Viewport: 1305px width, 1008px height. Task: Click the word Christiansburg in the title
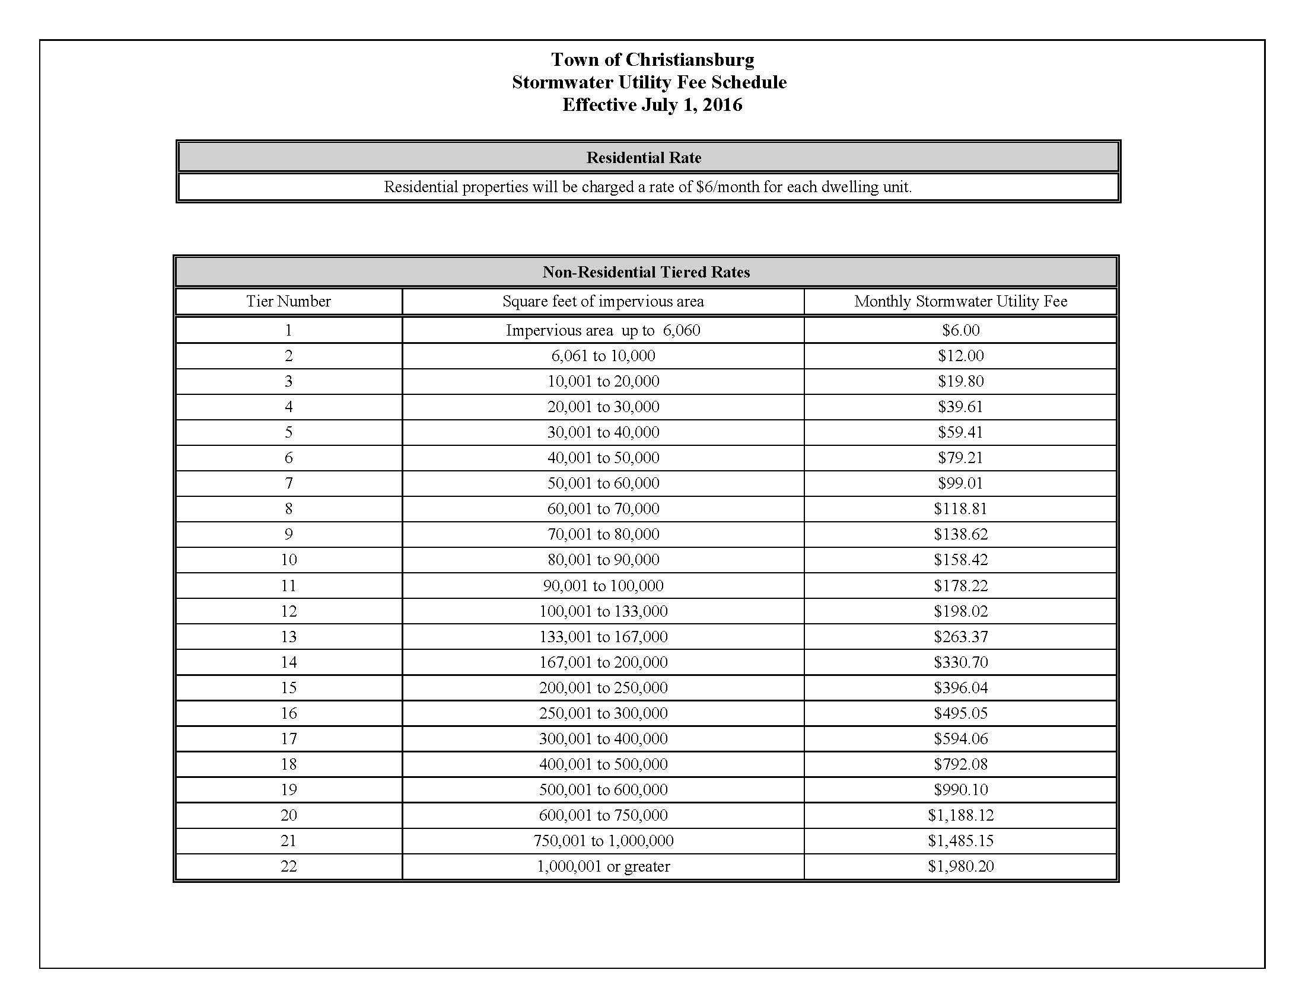689,60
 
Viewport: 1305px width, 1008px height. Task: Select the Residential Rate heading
644,158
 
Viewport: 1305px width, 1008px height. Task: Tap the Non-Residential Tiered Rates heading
646,272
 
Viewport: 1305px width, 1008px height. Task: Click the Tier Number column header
288,301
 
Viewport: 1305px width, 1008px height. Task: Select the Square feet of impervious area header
603,301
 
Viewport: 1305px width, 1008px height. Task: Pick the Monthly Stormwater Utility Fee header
960,301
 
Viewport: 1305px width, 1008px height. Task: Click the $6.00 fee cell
960,330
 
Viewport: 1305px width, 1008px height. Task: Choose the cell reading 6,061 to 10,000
603,356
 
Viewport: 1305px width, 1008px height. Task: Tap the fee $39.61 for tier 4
960,407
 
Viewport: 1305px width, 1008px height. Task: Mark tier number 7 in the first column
288,483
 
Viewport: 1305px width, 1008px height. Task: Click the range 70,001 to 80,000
603,534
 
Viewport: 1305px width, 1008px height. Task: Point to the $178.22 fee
960,585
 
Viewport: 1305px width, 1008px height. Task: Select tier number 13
288,637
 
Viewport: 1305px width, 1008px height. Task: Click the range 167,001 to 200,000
603,662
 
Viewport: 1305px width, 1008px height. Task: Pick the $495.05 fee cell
960,713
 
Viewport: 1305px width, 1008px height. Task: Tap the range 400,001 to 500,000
603,764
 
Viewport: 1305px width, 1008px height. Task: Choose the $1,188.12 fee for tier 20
960,815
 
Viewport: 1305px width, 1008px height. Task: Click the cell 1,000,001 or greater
603,866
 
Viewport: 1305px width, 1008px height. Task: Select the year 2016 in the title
722,105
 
